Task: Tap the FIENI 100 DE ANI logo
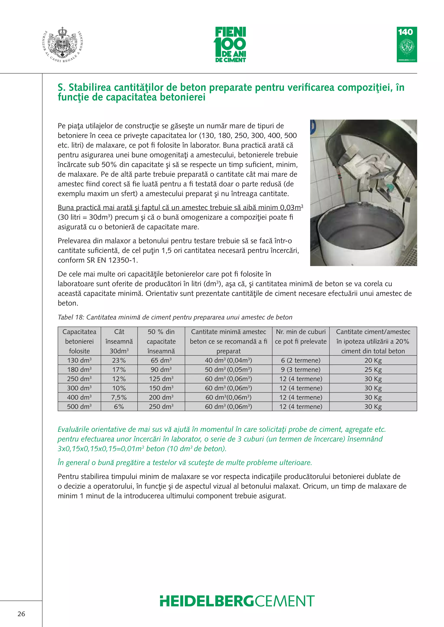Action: (x=230, y=45)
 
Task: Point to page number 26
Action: (x=21, y=614)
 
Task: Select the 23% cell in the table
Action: (x=119, y=360)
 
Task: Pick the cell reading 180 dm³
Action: (x=79, y=370)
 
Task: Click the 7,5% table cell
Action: (x=119, y=397)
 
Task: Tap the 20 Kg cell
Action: (x=373, y=360)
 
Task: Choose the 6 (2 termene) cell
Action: (x=300, y=360)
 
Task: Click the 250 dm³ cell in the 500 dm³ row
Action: (x=161, y=407)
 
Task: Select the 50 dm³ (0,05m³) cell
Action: (x=228, y=370)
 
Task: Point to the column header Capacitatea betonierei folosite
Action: (x=79, y=341)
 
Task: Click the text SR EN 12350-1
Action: (x=112, y=260)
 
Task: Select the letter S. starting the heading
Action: (x=61, y=88)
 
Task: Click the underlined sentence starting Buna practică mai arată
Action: (x=180, y=208)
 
